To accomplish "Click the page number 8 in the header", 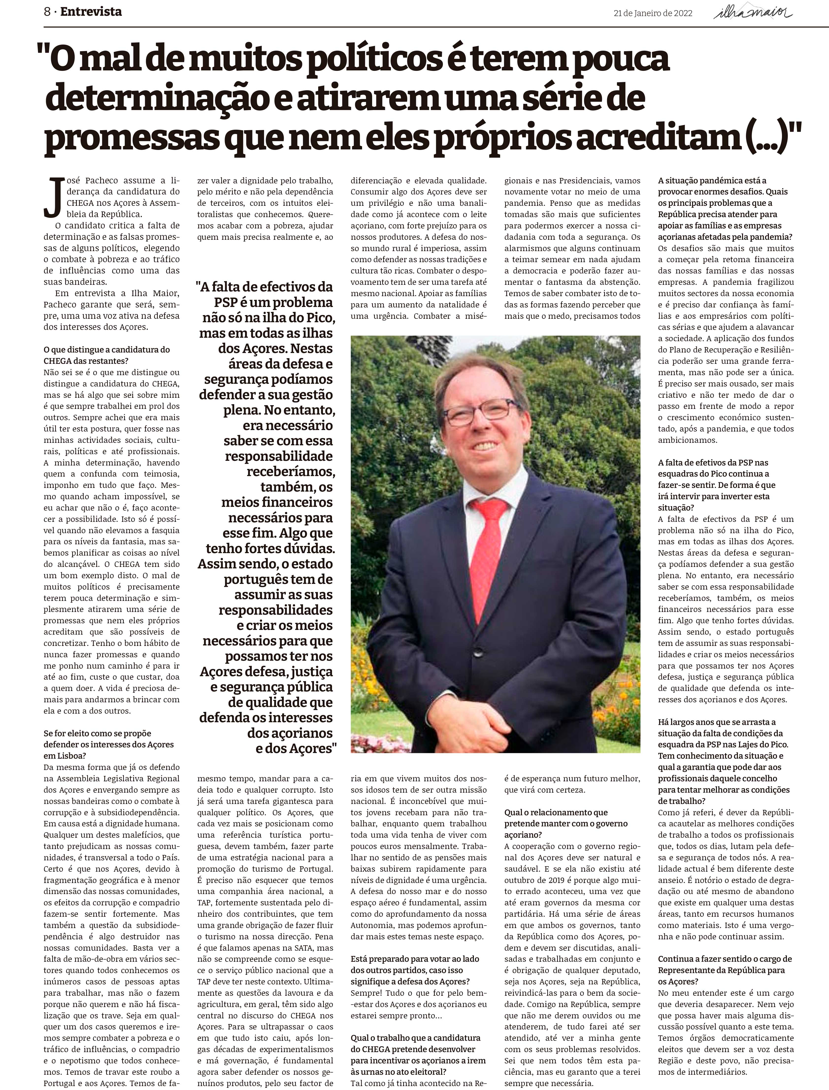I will tap(47, 12).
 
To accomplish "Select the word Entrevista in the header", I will tap(91, 12).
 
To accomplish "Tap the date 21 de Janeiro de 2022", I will tap(653, 13).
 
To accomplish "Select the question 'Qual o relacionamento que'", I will tap(556, 812).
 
